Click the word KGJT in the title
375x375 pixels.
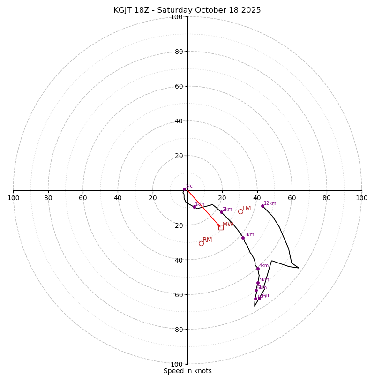pos(123,10)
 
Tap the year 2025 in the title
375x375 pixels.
pos(251,10)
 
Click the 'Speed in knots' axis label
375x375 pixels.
pos(187,371)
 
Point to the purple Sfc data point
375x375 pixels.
pos(184,189)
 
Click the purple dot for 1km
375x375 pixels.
pos(194,207)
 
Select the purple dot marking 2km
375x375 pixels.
pos(221,212)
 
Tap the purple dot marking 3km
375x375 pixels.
pos(243,238)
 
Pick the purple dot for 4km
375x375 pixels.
pos(258,269)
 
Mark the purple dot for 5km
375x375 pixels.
pos(258,283)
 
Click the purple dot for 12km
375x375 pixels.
pos(262,206)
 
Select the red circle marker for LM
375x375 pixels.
pos(240,211)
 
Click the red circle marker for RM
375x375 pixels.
pos(201,243)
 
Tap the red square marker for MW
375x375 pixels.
pos(221,227)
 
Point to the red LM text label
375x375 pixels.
pos(247,208)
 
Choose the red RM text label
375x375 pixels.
pos(207,240)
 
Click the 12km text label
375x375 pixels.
pos(270,203)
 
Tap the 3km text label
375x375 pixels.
pos(249,234)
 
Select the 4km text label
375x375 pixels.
pos(264,265)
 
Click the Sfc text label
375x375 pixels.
pos(189,186)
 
